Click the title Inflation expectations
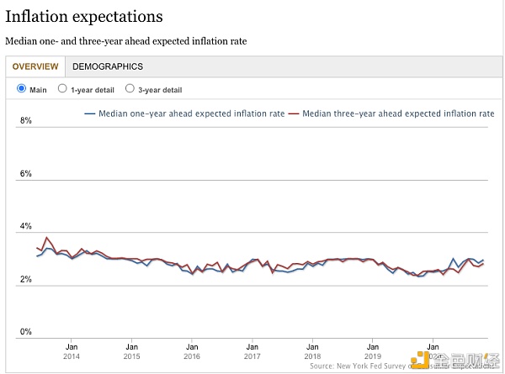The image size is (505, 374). pos(84,16)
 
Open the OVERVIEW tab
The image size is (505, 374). pos(35,66)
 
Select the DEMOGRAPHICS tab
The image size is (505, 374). pos(108,66)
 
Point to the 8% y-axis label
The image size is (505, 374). pos(25,121)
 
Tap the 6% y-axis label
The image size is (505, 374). pos(25,174)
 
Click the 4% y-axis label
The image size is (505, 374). pos(25,227)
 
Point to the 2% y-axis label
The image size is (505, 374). pos(25,280)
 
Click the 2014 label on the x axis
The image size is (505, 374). pos(72,356)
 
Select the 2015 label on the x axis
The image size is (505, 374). pos(132,356)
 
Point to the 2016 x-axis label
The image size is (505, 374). pos(193,356)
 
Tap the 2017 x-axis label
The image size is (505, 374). pos(252,356)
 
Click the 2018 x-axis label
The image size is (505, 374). pos(313,356)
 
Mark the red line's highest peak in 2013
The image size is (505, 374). pos(47,238)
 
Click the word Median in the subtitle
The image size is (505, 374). pos(20,41)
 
